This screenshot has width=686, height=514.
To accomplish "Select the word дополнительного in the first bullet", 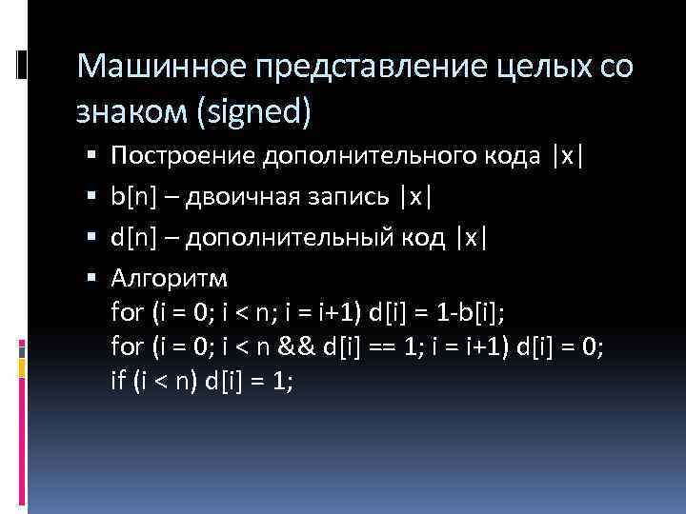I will pyautogui.click(x=358, y=156).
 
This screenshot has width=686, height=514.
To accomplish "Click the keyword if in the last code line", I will pyautogui.click(x=118, y=381).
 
